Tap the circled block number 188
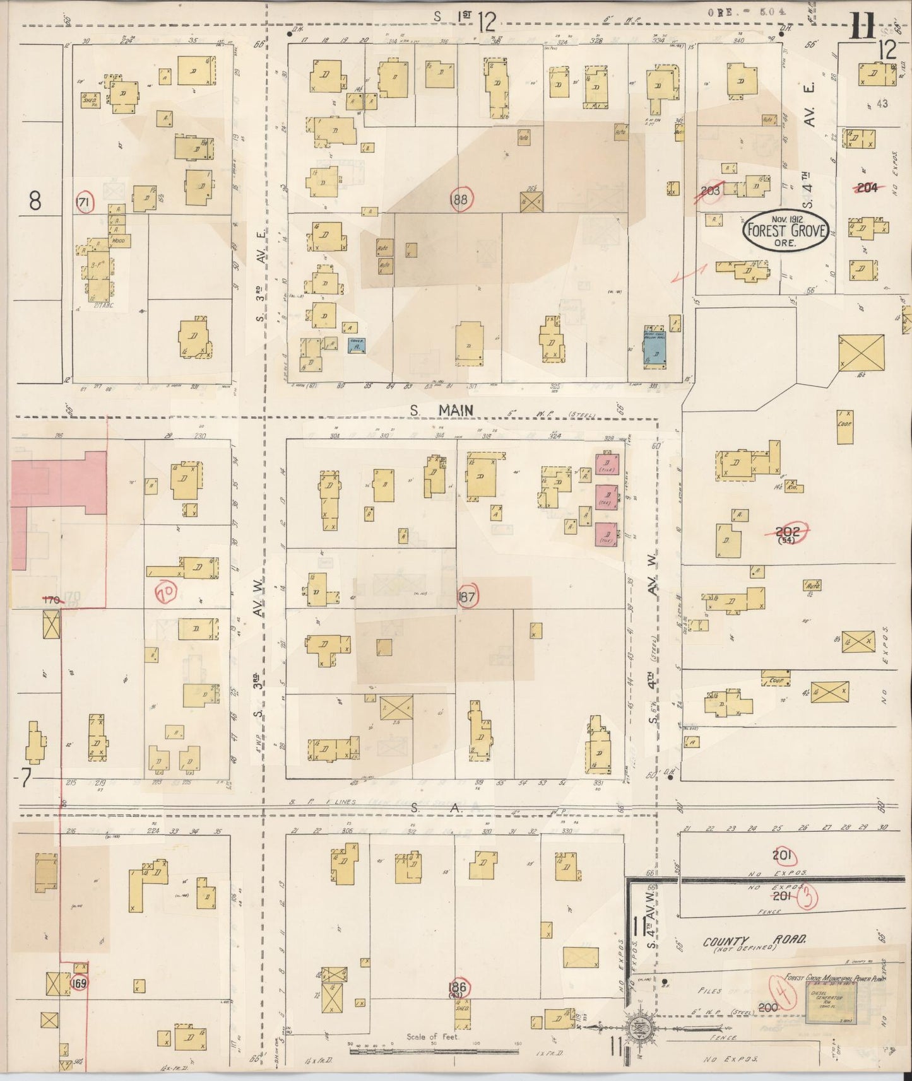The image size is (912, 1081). [x=462, y=199]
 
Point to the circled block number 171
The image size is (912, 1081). [x=84, y=202]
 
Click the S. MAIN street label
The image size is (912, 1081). [x=441, y=410]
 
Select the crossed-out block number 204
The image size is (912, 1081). [x=866, y=187]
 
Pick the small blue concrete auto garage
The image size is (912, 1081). [x=358, y=345]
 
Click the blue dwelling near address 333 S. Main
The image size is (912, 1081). [x=654, y=348]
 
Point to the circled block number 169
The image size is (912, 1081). [x=79, y=983]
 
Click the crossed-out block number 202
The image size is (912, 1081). [x=787, y=533]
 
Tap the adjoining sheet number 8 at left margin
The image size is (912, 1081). [x=35, y=201]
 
